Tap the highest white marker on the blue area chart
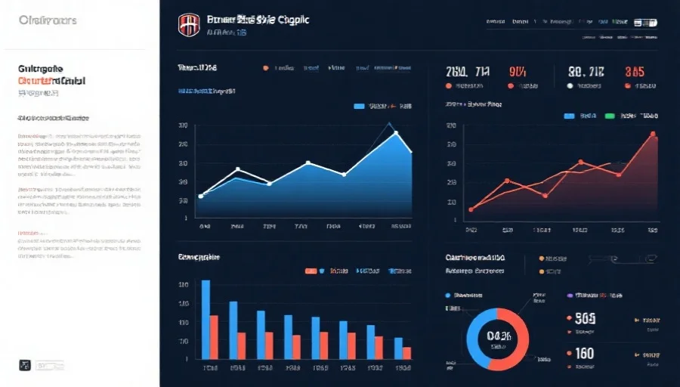point(396,133)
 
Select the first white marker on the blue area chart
point(200,196)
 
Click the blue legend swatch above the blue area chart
point(360,107)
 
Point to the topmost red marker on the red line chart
point(653,134)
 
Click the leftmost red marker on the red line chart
point(471,209)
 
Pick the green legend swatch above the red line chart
point(610,116)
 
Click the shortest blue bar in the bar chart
point(397,348)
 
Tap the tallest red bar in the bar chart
point(215,336)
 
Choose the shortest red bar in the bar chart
point(407,353)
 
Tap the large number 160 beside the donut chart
point(584,352)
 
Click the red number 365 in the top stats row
point(634,73)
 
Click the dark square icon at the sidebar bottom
point(24,365)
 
